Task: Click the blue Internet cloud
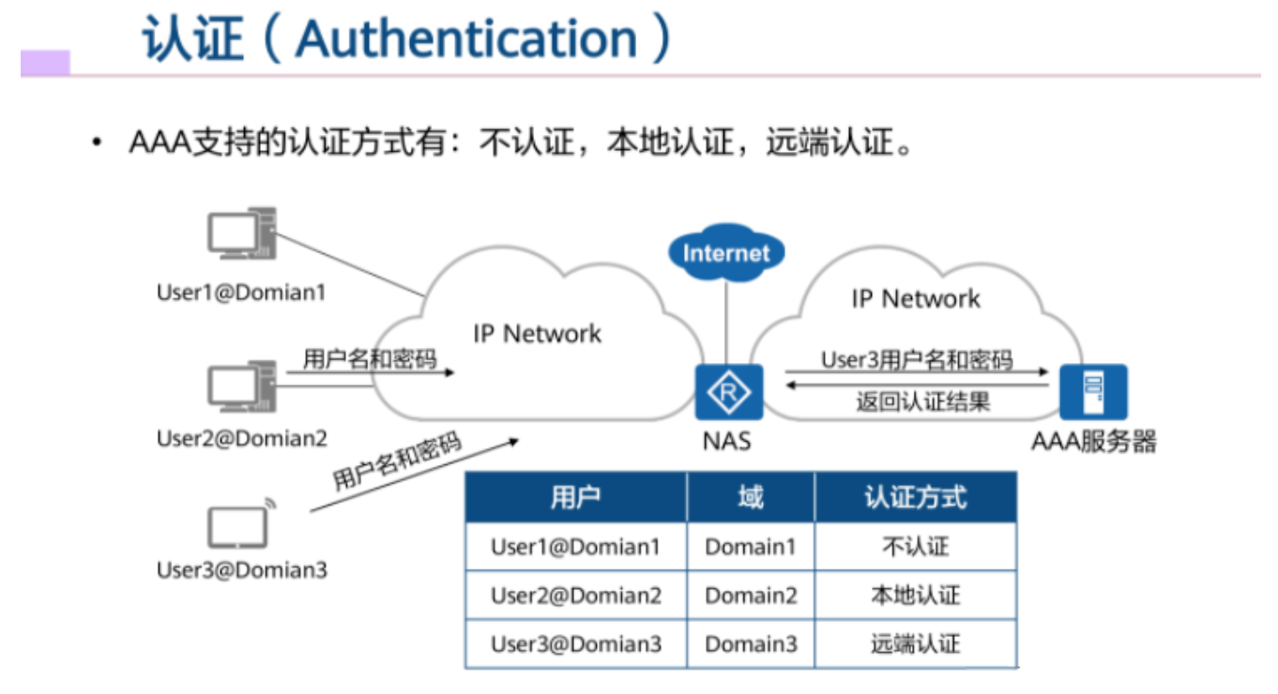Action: pyautogui.click(x=726, y=252)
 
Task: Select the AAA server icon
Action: pyautogui.click(x=1092, y=392)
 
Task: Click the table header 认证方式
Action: pyautogui.click(x=915, y=497)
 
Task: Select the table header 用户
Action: pyautogui.click(x=575, y=497)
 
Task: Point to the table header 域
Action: pyautogui.click(x=750, y=497)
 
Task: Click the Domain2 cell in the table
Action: pyautogui.click(x=751, y=596)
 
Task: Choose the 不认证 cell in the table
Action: pyautogui.click(x=915, y=547)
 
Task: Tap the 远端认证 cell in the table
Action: pyautogui.click(x=915, y=644)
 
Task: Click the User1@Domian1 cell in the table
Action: pyautogui.click(x=575, y=547)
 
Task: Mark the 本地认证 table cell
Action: pyautogui.click(x=915, y=596)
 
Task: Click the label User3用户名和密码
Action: pyautogui.click(x=916, y=359)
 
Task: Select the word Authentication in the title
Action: pyautogui.click(x=466, y=39)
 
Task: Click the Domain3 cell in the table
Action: pyautogui.click(x=751, y=644)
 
